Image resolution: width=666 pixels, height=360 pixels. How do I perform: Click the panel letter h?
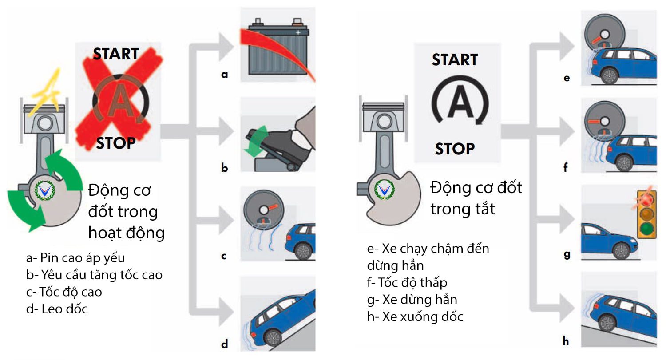click(x=566, y=341)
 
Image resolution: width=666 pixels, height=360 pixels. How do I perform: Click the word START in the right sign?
click(x=455, y=60)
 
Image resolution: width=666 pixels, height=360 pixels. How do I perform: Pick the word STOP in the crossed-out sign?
click(x=116, y=143)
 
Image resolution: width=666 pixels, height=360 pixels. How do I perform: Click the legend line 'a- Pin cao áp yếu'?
click(x=75, y=257)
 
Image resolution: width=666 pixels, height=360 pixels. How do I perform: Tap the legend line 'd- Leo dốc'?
click(x=57, y=309)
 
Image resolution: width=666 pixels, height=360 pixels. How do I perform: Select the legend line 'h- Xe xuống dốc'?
click(x=415, y=316)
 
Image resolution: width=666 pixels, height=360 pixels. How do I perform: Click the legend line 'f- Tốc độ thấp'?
click(x=407, y=282)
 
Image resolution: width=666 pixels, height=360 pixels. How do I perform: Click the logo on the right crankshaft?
click(x=384, y=190)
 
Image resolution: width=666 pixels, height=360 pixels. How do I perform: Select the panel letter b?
click(x=225, y=168)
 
